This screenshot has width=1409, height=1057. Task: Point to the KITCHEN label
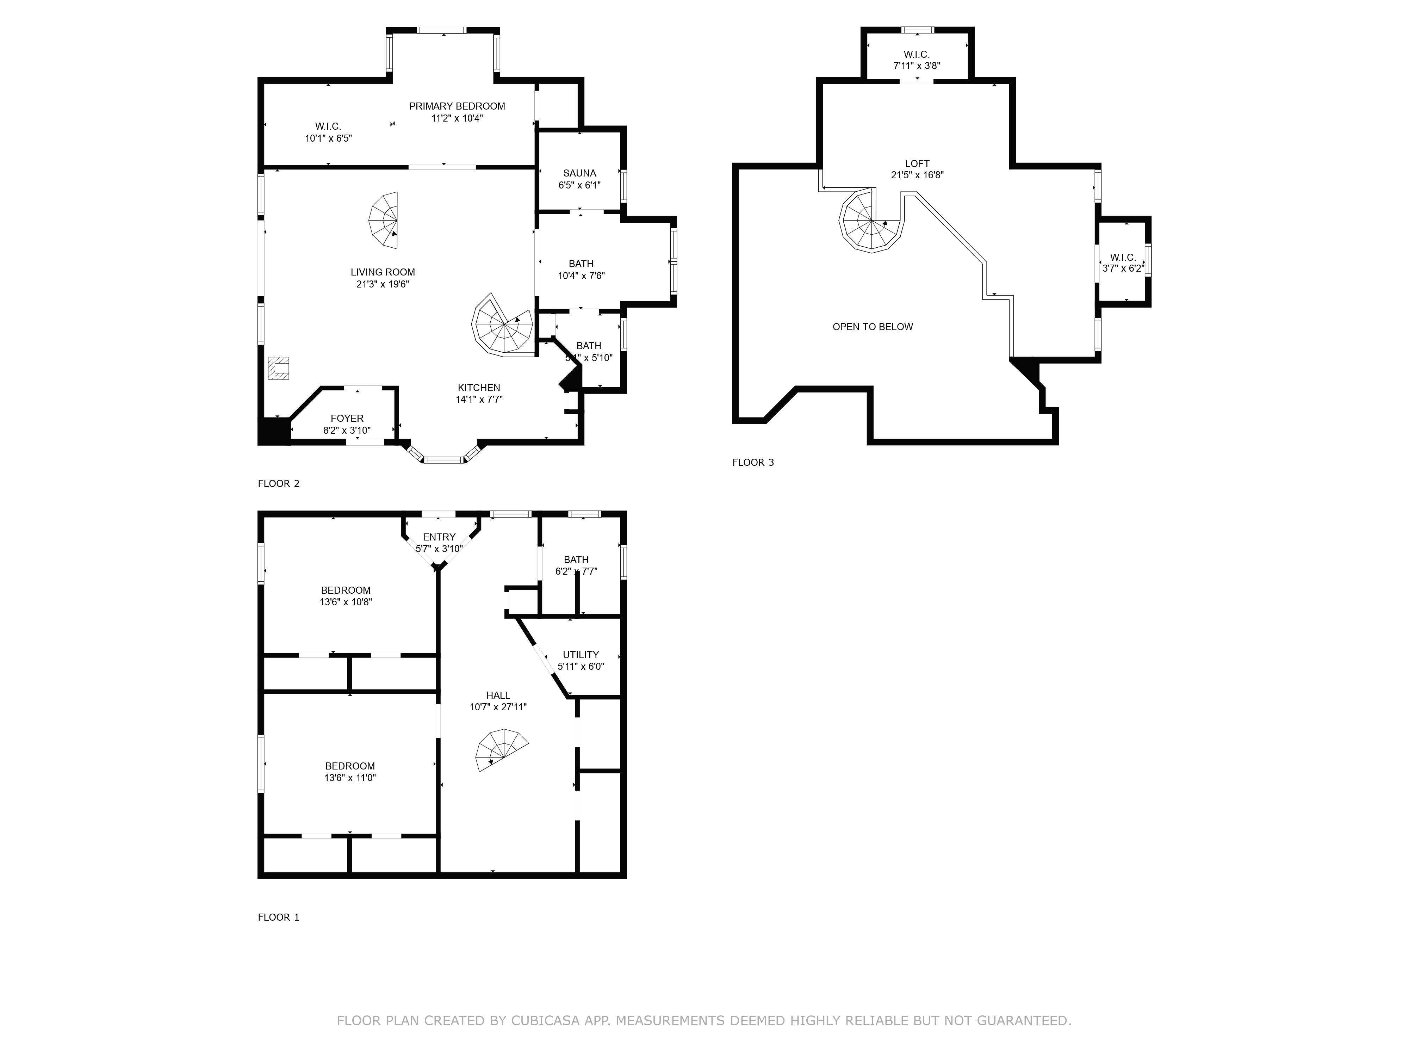point(479,387)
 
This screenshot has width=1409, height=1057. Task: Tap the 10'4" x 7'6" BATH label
point(581,270)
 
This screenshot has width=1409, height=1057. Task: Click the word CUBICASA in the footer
point(545,1021)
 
